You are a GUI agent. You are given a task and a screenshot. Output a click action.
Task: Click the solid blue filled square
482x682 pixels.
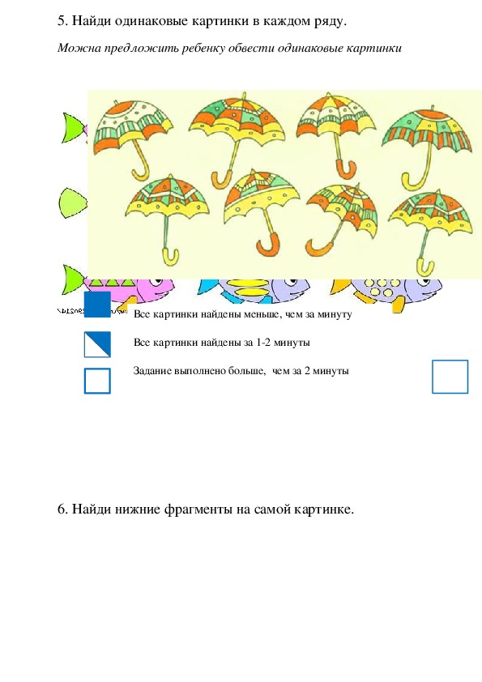tap(97, 305)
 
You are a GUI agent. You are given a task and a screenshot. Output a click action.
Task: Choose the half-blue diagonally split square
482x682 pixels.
tap(97, 344)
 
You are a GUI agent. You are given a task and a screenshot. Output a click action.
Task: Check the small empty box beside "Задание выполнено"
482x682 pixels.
tap(97, 381)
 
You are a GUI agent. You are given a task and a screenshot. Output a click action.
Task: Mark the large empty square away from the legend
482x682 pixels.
tap(450, 377)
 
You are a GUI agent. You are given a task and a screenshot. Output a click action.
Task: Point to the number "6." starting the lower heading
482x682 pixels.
tap(62, 509)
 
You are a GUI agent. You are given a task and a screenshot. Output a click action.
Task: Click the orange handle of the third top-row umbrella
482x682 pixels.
tap(346, 168)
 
